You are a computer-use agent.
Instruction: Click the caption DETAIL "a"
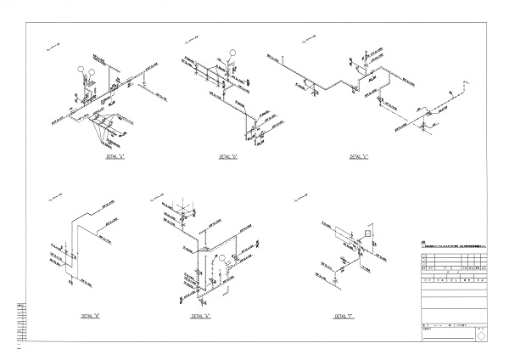[x=114, y=158]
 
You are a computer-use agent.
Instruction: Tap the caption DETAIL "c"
[x=361, y=158]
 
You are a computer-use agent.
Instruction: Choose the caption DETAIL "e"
[x=202, y=315]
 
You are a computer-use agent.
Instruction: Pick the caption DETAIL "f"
[x=344, y=315]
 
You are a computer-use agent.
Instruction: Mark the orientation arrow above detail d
[x=56, y=200]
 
